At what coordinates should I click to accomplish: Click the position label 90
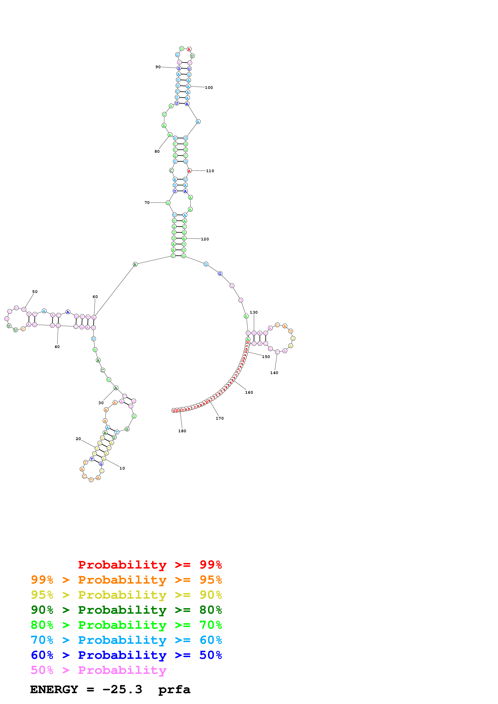(x=158, y=67)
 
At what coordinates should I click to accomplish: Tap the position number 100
(x=209, y=88)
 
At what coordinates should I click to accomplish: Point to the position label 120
(x=205, y=239)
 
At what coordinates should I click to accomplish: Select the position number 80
(x=157, y=152)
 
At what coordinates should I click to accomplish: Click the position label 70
(x=147, y=203)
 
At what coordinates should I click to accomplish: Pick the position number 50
(x=35, y=292)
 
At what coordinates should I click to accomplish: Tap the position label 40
(x=57, y=347)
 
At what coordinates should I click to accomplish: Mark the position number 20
(x=78, y=439)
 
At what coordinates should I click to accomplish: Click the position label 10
(x=122, y=468)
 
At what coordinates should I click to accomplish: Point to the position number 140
(x=274, y=373)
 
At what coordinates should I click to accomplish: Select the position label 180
(x=182, y=431)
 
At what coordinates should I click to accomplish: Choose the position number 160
(x=249, y=393)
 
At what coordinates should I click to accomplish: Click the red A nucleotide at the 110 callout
(x=189, y=171)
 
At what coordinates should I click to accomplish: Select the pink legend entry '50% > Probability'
(x=98, y=670)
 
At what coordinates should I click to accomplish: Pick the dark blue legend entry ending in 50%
(x=126, y=655)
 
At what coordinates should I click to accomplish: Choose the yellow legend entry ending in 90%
(x=126, y=595)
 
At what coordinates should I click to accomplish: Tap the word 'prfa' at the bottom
(x=174, y=690)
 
